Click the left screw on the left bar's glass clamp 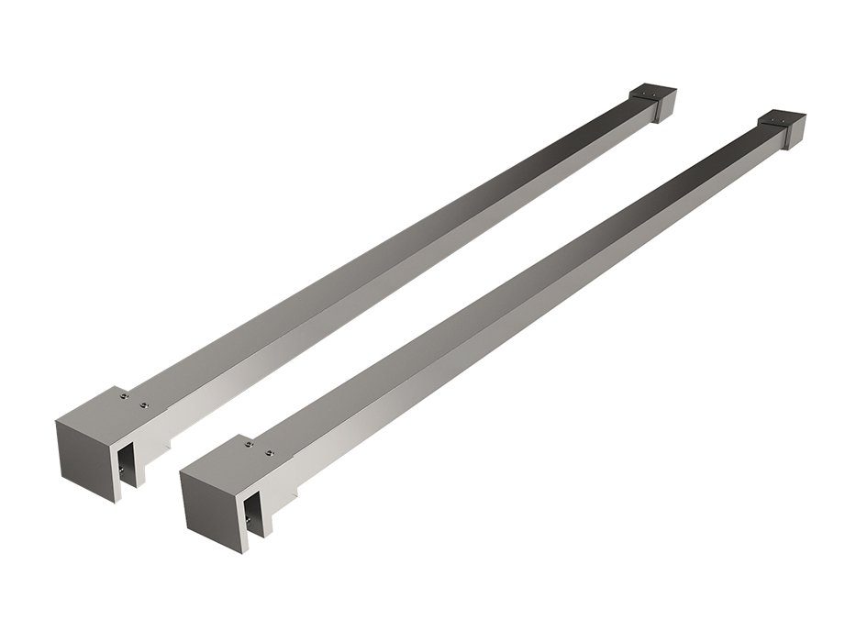coord(123,395)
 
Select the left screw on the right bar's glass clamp coord(248,445)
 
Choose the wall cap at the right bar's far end coord(781,128)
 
